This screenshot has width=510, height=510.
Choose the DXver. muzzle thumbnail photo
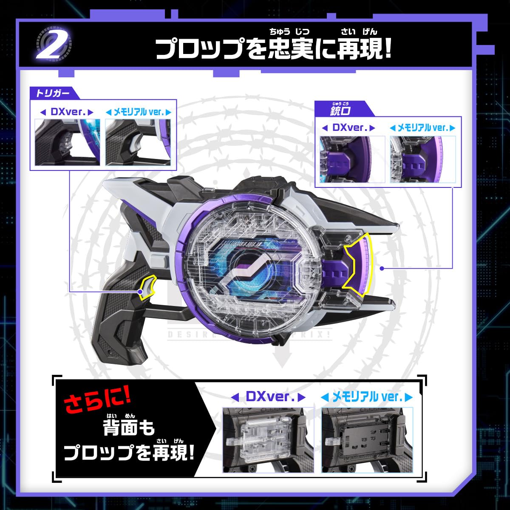(x=352, y=159)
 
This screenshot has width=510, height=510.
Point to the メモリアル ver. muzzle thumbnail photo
(x=422, y=159)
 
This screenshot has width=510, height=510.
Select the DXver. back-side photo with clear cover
(x=268, y=440)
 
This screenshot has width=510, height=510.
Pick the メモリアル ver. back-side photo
(x=367, y=440)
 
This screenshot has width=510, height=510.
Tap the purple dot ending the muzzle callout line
(x=382, y=268)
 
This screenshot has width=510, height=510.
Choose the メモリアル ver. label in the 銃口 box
(x=422, y=127)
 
